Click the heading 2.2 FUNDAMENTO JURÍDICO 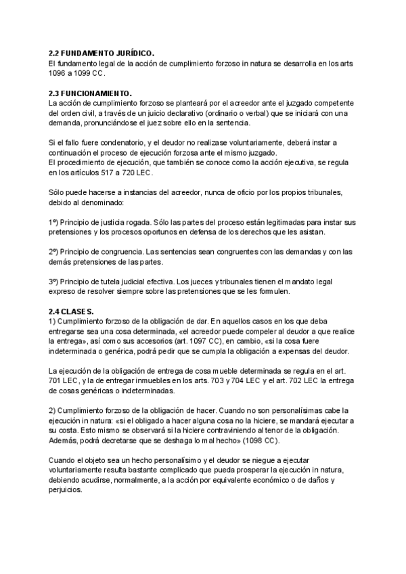(x=101, y=53)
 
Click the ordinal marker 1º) (x=55, y=222)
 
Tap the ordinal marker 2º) (x=55, y=252)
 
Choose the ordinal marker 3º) (x=55, y=282)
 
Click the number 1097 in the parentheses (x=172, y=342)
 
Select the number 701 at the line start (x=56, y=381)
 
